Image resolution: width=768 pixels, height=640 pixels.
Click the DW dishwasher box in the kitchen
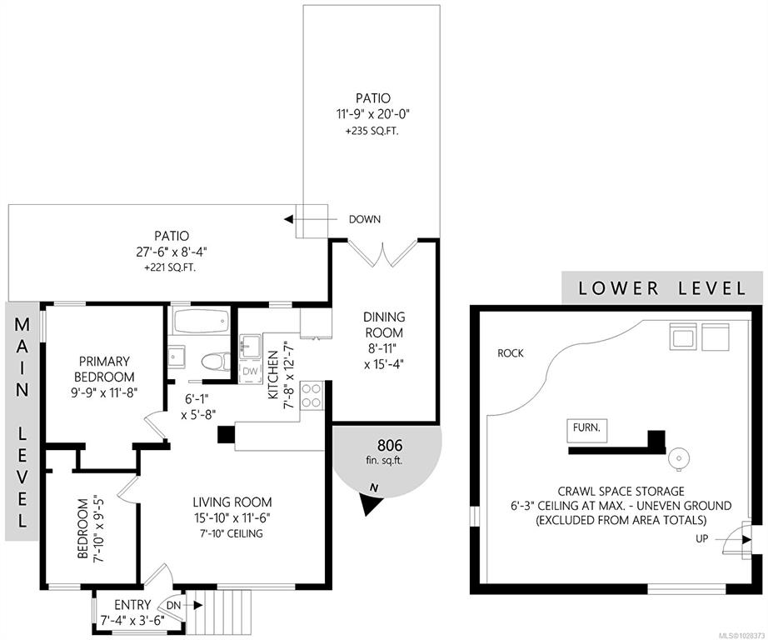250,372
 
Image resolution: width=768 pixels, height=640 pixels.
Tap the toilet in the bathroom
216,362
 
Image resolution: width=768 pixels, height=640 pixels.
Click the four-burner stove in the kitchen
312,396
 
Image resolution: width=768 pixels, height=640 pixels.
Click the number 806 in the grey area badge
389,446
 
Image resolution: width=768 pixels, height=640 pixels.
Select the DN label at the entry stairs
173,606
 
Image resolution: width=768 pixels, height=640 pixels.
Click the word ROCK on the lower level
511,352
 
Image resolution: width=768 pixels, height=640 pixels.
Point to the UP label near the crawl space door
702,538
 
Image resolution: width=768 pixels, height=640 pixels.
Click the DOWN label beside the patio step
364,219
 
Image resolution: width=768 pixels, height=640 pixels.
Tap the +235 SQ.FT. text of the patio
372,132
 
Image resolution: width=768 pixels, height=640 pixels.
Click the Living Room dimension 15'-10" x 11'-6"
232,517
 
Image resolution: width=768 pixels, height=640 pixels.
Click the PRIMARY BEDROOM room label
103,369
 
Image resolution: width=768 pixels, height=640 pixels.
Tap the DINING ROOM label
384,324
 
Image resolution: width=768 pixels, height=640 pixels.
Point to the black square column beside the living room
227,435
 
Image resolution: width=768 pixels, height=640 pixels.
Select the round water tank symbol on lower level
679,459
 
